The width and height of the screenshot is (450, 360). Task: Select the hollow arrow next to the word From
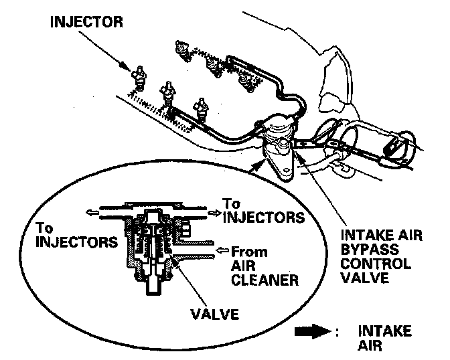click(222, 254)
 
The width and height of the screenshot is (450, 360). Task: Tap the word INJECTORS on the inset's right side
click(263, 217)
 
